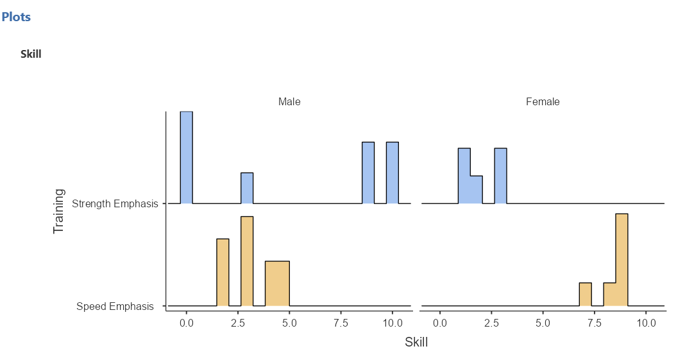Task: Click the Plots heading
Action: (x=16, y=17)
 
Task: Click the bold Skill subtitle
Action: (x=31, y=54)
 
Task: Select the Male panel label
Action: (x=289, y=101)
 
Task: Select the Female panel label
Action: (x=543, y=101)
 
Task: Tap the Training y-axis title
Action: (x=59, y=210)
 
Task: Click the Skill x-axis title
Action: (x=416, y=342)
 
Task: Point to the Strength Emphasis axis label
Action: (x=115, y=204)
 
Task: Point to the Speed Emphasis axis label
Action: (x=115, y=306)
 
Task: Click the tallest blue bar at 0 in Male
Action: (x=186, y=157)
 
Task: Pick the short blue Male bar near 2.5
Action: (x=247, y=188)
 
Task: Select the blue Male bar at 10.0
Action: (x=393, y=173)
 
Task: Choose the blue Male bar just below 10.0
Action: (x=368, y=173)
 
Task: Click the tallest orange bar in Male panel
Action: (x=247, y=261)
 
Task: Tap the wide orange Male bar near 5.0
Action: (x=277, y=283)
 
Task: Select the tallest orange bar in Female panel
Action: (x=622, y=260)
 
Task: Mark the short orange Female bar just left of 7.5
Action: (x=585, y=294)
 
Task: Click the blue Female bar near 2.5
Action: (x=500, y=176)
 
